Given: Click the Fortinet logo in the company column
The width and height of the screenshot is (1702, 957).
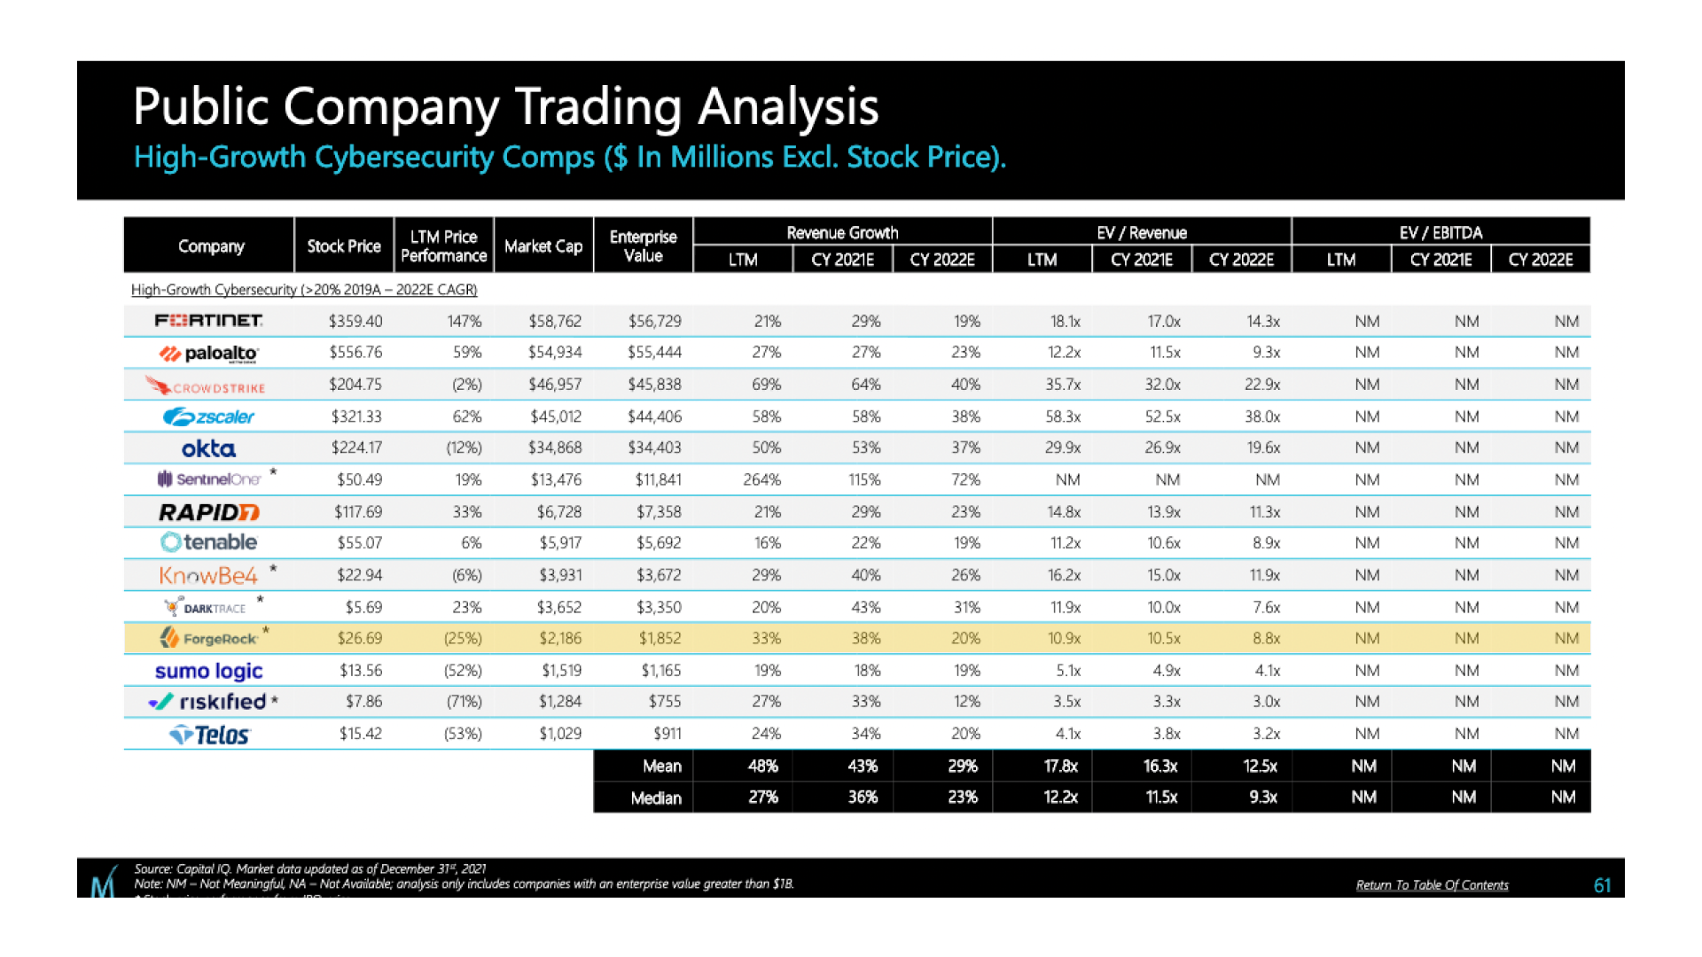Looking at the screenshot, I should point(208,321).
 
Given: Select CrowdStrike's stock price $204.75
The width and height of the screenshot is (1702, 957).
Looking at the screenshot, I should point(355,385).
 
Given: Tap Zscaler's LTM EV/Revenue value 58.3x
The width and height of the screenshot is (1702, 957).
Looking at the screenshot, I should point(1063,416).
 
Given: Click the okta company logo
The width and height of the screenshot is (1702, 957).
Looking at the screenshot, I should point(208,448).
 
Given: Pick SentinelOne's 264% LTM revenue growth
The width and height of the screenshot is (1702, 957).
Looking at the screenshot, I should point(761,480).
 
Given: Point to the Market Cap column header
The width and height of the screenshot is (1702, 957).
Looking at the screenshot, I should point(543,246).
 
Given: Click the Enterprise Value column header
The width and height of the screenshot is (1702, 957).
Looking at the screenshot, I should point(643,246).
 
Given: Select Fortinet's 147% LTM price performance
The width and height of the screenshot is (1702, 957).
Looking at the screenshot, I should point(464,321).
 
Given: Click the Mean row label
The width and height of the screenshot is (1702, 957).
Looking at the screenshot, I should point(661,766).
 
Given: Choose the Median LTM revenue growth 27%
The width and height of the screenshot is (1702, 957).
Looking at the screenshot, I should point(763,797).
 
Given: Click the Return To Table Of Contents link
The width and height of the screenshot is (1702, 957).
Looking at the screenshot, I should point(1432,885).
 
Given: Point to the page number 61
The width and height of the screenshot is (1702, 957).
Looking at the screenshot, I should point(1602,885).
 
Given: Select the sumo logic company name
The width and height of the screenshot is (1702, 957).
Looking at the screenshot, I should point(208,671).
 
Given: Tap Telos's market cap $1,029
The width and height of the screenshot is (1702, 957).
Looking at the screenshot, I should point(560,734).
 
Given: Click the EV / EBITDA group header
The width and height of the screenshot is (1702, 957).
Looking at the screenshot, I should point(1440,232).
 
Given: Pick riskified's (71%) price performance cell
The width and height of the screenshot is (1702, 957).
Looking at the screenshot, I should point(464,702).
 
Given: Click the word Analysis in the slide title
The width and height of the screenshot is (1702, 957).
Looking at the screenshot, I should point(788,107).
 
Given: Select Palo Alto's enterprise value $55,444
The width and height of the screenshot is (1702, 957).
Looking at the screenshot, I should point(654,353).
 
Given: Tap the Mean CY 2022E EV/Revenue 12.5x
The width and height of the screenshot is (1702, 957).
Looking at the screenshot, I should point(1260,766).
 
